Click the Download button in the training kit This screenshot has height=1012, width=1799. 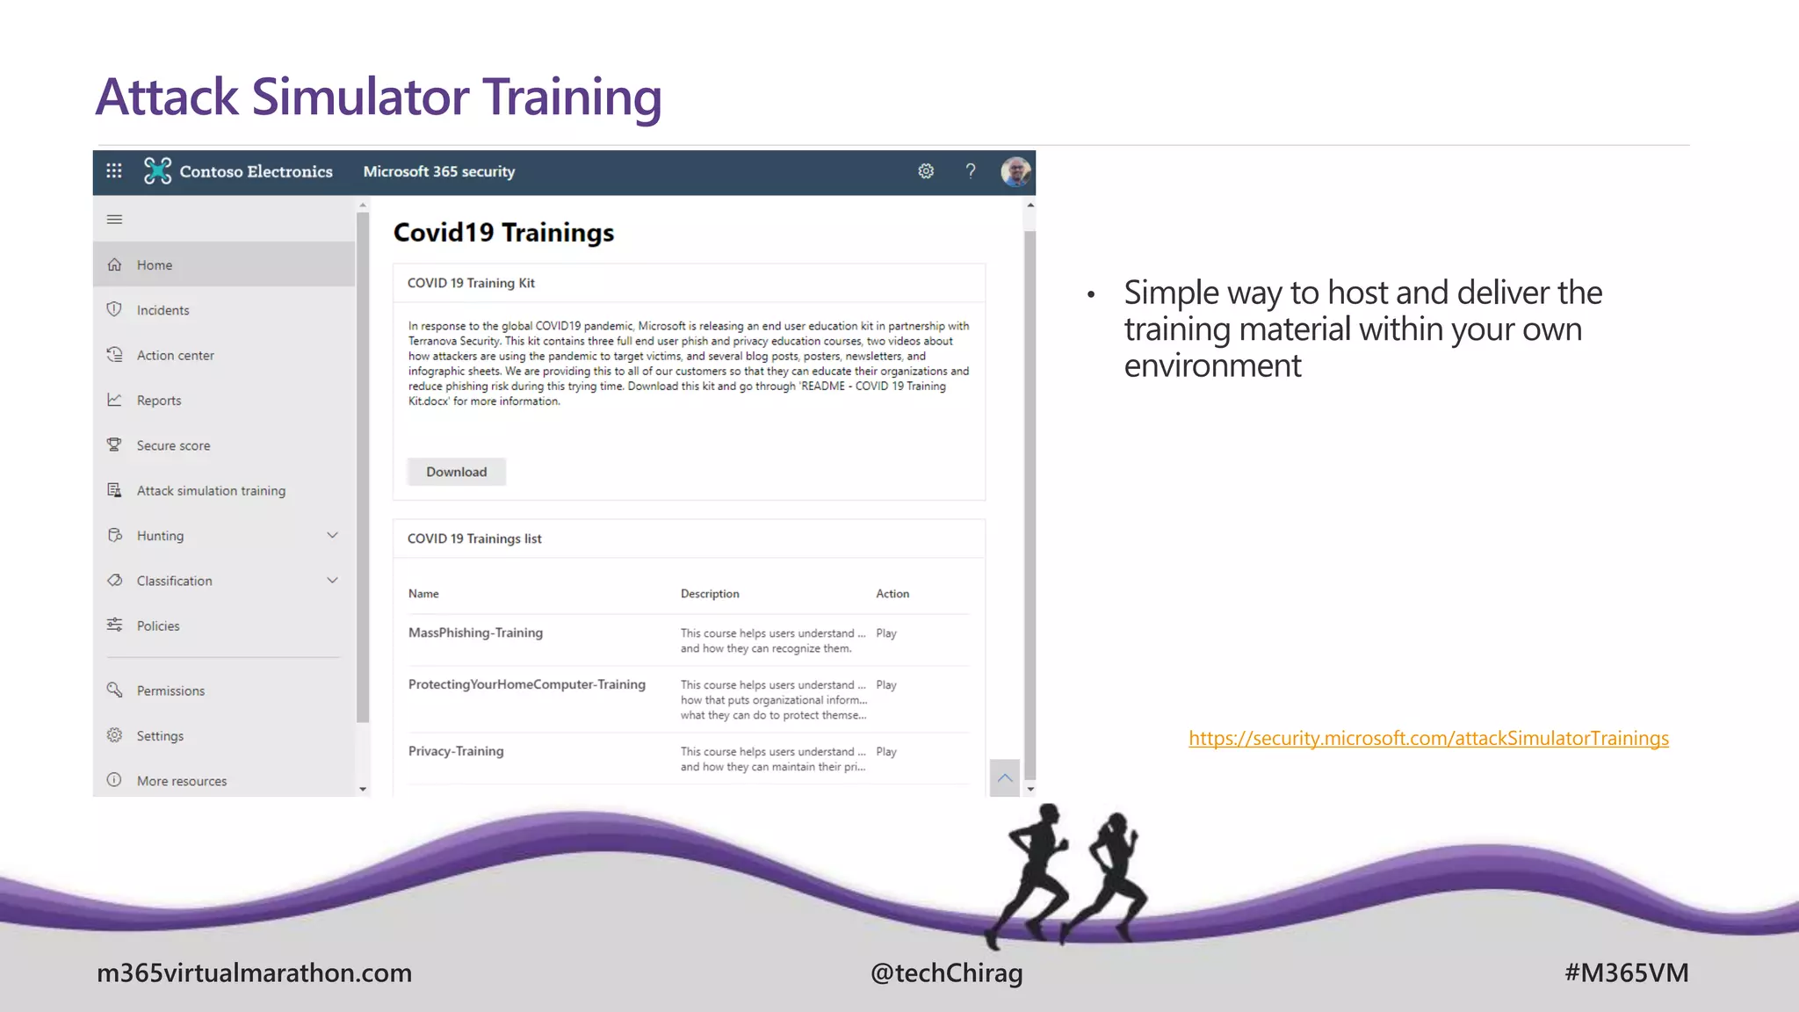[456, 472]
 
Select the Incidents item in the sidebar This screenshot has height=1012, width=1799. [163, 310]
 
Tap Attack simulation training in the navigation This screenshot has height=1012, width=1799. [211, 491]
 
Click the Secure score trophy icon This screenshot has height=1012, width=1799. [114, 445]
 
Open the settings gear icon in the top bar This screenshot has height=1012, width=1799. [926, 171]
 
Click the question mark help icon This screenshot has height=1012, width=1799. [971, 171]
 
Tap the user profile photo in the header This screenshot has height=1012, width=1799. [1015, 171]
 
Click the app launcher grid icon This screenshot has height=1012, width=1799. [114, 171]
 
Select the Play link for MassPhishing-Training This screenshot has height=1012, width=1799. [885, 633]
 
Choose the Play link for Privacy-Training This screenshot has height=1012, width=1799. [885, 752]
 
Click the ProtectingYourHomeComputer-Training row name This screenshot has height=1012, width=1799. [526, 684]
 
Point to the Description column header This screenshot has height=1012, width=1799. [710, 594]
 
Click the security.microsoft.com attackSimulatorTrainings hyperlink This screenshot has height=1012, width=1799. [1428, 739]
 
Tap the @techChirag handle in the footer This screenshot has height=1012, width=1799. [946, 973]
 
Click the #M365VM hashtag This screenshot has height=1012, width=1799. [1626, 973]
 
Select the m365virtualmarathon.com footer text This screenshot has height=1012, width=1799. [254, 973]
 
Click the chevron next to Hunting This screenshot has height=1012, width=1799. [332, 535]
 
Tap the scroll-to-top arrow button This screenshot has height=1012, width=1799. [1005, 778]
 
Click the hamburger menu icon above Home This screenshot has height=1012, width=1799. [114, 220]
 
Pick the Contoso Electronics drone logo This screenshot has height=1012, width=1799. [158, 171]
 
